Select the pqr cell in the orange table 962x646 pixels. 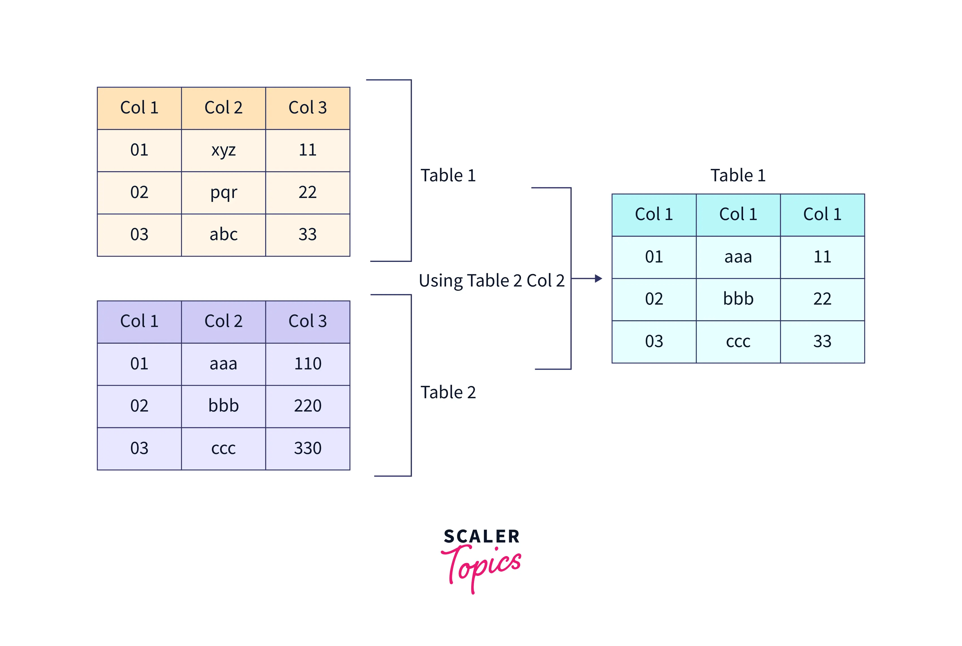click(x=223, y=192)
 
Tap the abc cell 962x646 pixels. click(x=223, y=235)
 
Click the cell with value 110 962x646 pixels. click(x=307, y=364)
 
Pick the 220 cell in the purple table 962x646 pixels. click(x=307, y=406)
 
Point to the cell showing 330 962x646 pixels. click(x=307, y=448)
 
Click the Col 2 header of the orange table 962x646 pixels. click(x=223, y=108)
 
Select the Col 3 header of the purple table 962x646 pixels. click(x=307, y=321)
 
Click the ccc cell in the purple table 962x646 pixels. click(x=223, y=448)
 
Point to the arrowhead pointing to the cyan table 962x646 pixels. click(x=598, y=279)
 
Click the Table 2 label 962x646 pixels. click(x=448, y=393)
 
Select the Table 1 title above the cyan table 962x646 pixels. click(x=738, y=176)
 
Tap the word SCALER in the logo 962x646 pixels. click(x=481, y=537)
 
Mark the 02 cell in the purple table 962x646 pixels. click(x=139, y=406)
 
